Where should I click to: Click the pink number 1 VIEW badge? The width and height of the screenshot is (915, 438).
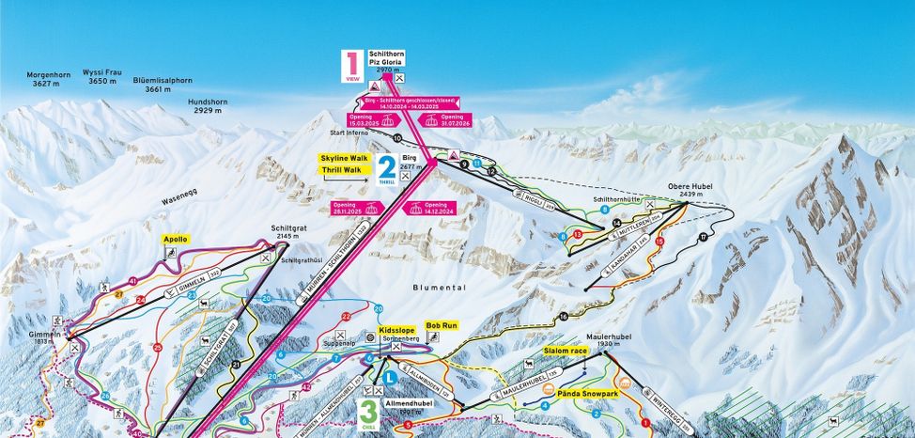(x=351, y=68)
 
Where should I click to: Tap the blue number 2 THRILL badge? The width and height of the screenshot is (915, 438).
(x=386, y=169)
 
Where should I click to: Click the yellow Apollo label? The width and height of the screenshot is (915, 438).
(x=176, y=240)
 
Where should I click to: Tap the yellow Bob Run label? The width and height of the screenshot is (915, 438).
(x=442, y=325)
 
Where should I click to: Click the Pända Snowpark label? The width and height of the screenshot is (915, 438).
(x=587, y=394)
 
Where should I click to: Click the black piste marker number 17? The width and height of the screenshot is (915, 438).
(x=703, y=236)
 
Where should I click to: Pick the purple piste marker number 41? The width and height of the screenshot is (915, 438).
(x=133, y=281)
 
